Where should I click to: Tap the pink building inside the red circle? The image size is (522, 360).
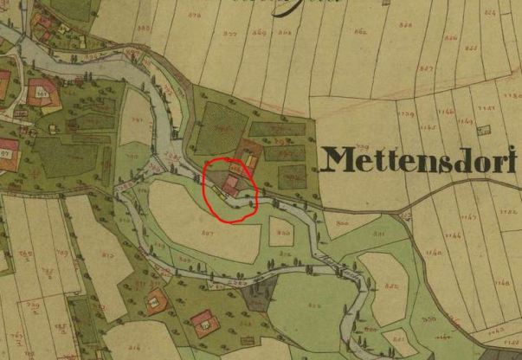[x=231, y=184]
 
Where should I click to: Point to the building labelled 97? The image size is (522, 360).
[x=4, y=151]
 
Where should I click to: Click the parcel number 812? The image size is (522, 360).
[x=107, y=255]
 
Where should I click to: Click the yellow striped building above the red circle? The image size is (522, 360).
[x=250, y=160]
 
